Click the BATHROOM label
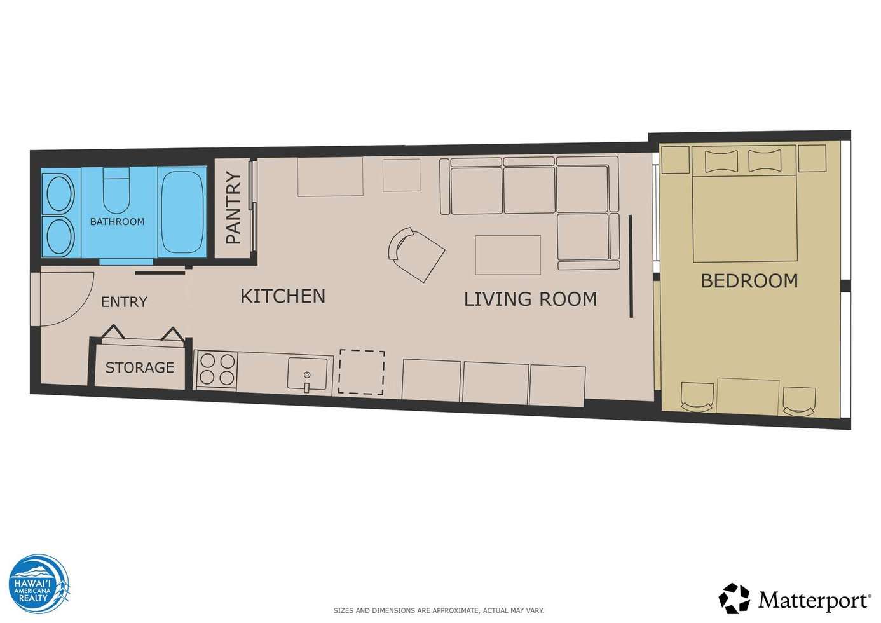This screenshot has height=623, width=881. pyautogui.click(x=117, y=221)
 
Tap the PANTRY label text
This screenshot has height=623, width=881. pyautogui.click(x=234, y=209)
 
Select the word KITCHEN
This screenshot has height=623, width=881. pyautogui.click(x=283, y=296)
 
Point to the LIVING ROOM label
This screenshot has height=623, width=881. pyautogui.click(x=531, y=299)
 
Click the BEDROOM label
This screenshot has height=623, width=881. pyautogui.click(x=749, y=281)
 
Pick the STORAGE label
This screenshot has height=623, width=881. pyautogui.click(x=140, y=367)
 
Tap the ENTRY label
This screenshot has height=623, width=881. pyautogui.click(x=125, y=302)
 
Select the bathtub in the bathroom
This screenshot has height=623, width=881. pyautogui.click(x=183, y=212)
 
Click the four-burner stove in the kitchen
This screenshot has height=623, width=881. pyautogui.click(x=217, y=371)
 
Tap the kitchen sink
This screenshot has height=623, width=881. pyautogui.click(x=307, y=374)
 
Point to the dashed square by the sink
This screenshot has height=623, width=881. pyautogui.click(x=362, y=372)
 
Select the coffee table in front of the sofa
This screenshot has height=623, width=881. pyautogui.click(x=508, y=256)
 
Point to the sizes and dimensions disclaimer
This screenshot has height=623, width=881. pyautogui.click(x=439, y=610)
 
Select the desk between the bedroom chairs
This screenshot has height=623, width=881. pyautogui.click(x=748, y=397)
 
